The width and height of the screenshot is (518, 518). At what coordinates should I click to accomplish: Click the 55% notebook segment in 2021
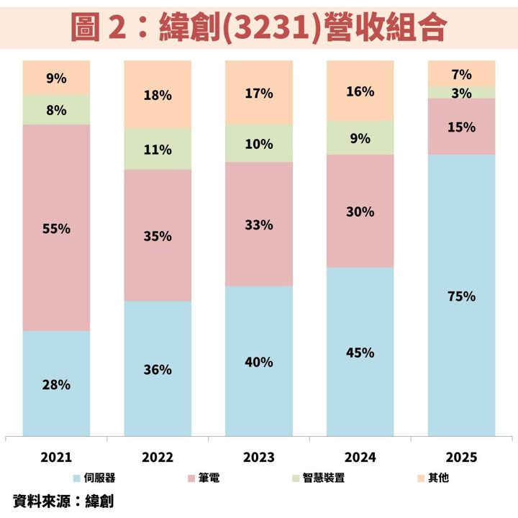coord(56,227)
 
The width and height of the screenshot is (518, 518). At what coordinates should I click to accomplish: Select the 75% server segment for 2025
coord(461,296)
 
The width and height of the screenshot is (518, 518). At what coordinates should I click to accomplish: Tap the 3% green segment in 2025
coord(461,93)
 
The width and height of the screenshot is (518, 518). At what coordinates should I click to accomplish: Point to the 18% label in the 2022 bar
coord(158,96)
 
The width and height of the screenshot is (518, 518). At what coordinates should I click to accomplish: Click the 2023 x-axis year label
coord(259,458)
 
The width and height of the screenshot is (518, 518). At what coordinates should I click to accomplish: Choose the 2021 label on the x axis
coord(56,458)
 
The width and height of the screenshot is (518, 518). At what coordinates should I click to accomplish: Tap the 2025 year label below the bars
coord(461,458)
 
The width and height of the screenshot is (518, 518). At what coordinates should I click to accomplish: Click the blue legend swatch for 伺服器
coord(77,478)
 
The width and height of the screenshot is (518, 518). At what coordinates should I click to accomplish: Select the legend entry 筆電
coord(204,478)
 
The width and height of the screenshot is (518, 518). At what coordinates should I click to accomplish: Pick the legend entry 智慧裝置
coord(319,478)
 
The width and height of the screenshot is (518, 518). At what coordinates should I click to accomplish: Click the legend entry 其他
coord(433,478)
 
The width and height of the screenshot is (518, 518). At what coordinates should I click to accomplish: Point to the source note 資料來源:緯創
coord(63,501)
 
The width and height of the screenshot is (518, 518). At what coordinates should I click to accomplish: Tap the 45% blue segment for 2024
coord(360,352)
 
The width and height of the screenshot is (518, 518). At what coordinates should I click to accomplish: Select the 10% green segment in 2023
coord(259,143)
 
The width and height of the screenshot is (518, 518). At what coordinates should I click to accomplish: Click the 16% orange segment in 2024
coord(360,91)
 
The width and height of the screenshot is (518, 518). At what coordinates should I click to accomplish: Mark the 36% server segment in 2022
coord(158,368)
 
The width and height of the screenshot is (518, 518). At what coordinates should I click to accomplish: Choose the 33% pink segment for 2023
coord(259,224)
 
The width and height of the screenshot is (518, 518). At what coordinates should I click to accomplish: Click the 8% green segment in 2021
coord(56,109)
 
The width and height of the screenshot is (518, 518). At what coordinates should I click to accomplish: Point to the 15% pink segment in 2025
coord(461,127)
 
